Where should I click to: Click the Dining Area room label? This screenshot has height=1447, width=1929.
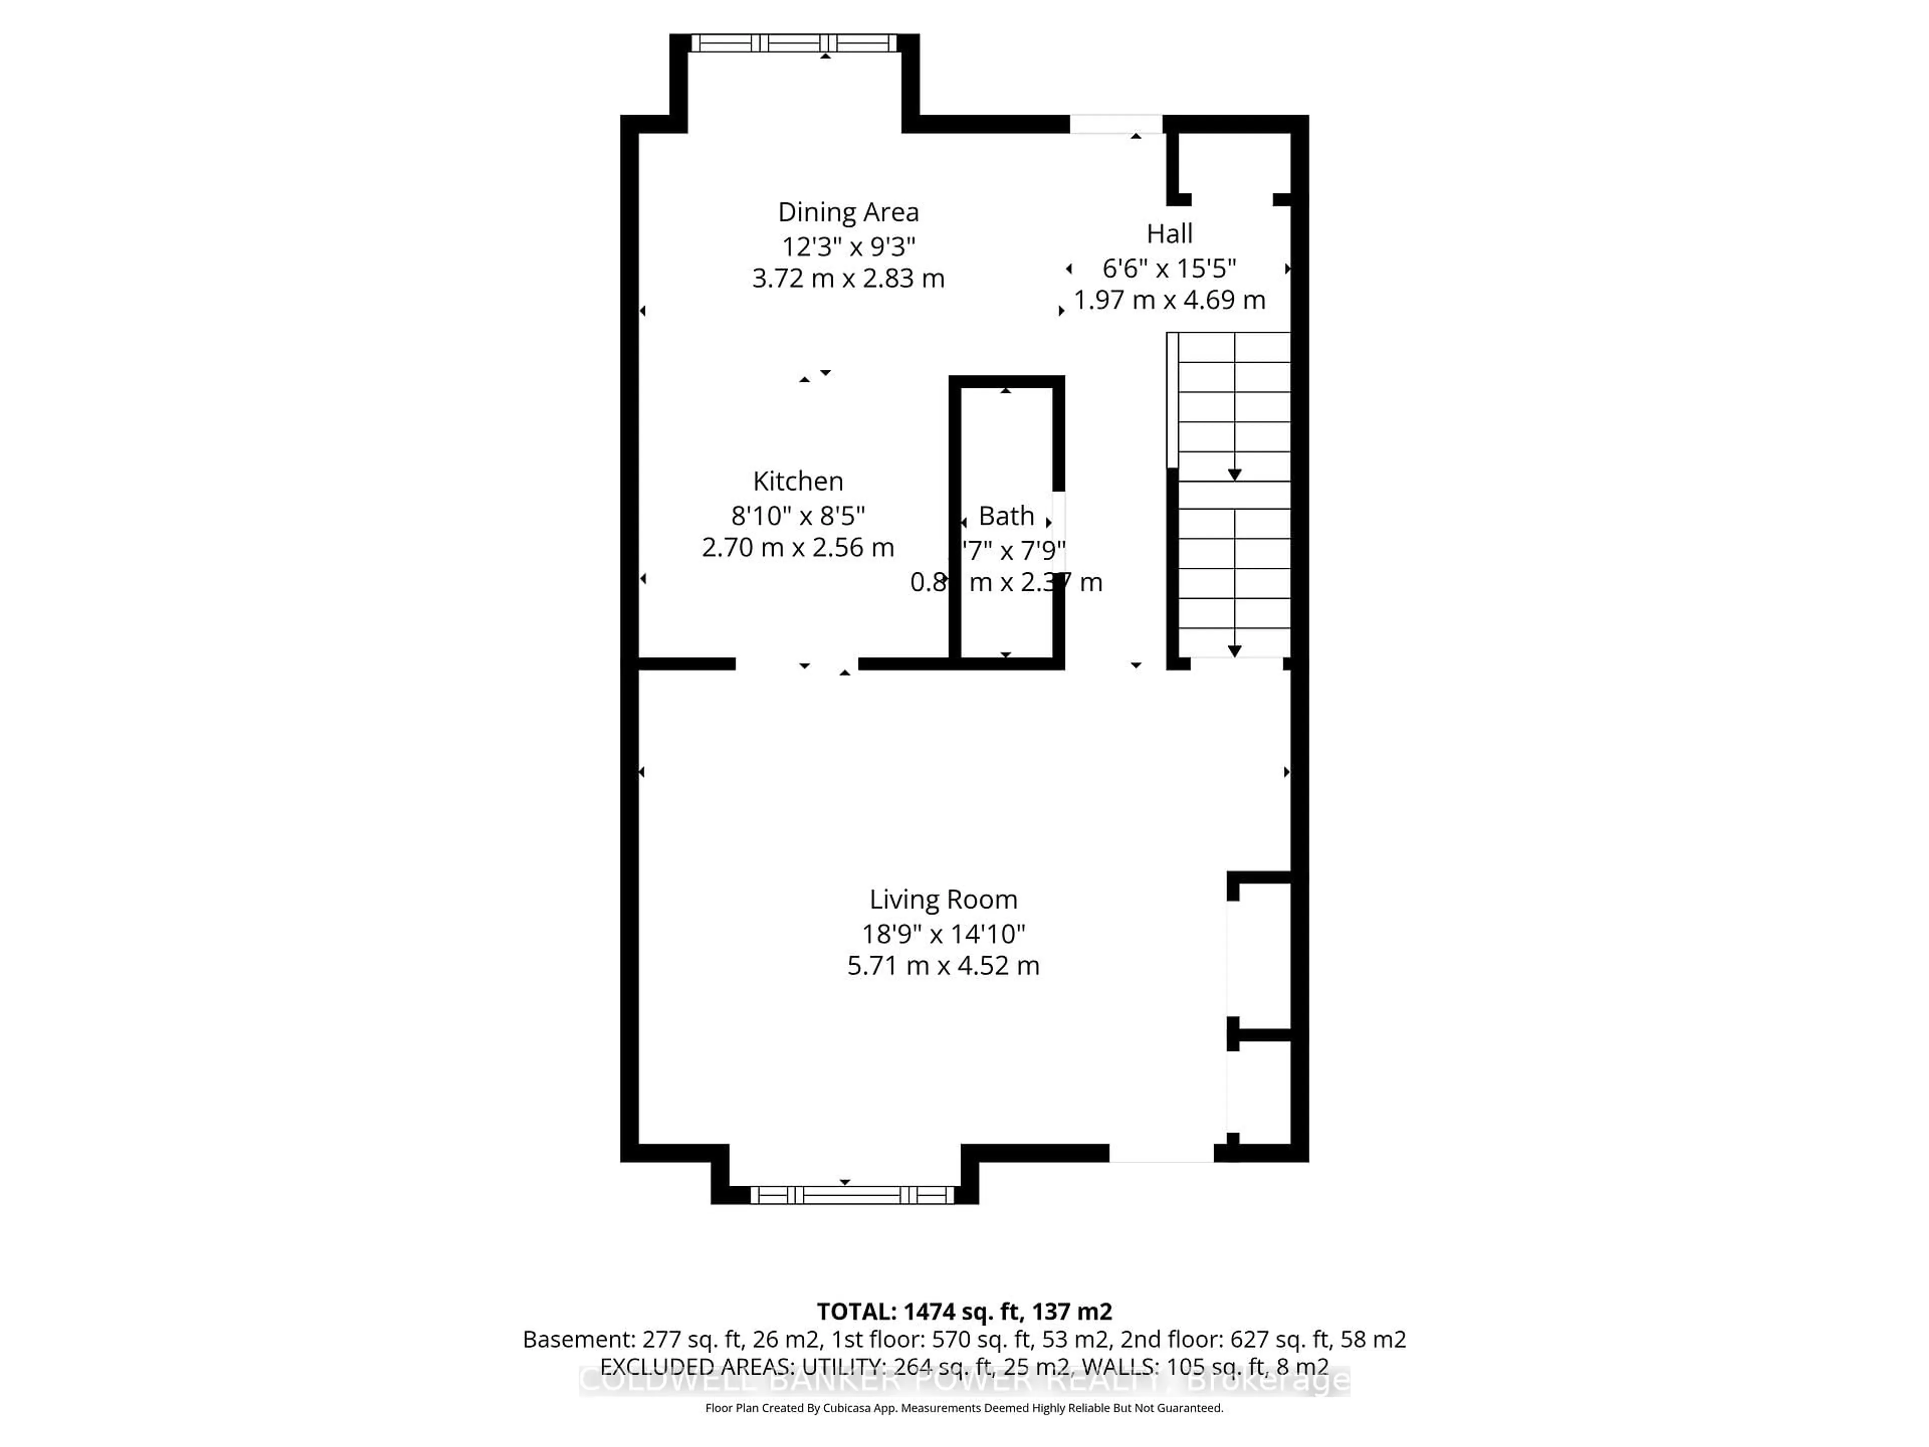click(x=847, y=212)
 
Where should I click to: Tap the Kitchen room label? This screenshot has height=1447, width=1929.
click(x=797, y=481)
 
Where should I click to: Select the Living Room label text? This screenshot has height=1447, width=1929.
click(x=943, y=899)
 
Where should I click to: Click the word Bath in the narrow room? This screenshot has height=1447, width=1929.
click(x=1006, y=515)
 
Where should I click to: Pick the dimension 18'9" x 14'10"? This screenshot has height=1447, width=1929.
click(x=943, y=934)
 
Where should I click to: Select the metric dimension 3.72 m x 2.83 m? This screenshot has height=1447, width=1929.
click(x=847, y=278)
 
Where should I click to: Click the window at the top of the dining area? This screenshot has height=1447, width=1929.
click(x=794, y=43)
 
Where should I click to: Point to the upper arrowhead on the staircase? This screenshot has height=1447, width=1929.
click(x=1234, y=474)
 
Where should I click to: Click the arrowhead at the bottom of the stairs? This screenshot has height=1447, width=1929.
click(x=1234, y=651)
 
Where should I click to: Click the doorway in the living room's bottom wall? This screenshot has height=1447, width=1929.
click(x=1161, y=1153)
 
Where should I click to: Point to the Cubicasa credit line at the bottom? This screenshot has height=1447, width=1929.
click(x=963, y=1408)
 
